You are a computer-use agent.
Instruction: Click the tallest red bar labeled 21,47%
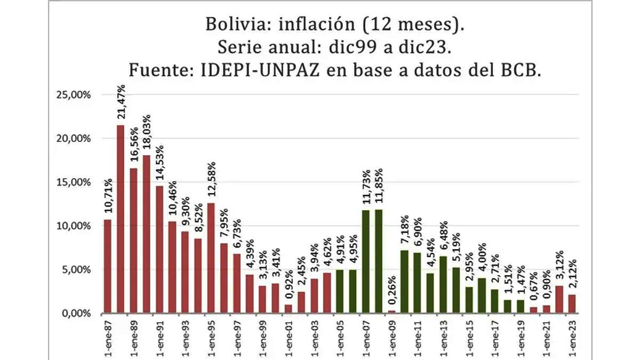(x=121, y=219)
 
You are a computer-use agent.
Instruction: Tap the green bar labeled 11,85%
(x=379, y=261)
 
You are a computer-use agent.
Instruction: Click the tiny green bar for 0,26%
(x=392, y=311)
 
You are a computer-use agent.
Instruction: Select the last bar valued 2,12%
(x=572, y=303)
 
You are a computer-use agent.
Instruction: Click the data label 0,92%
(x=289, y=288)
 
